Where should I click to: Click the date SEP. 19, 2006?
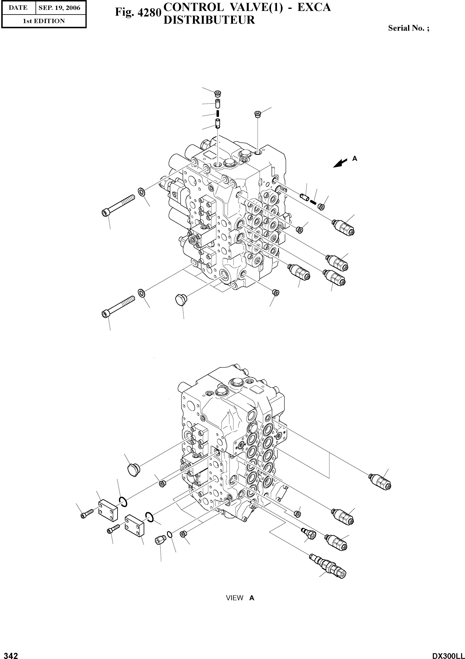59,8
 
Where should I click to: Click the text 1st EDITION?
44,21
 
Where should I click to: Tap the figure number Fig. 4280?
137,12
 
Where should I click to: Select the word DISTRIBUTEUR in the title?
209,20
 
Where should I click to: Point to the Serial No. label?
408,28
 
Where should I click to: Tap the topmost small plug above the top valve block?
218,93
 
